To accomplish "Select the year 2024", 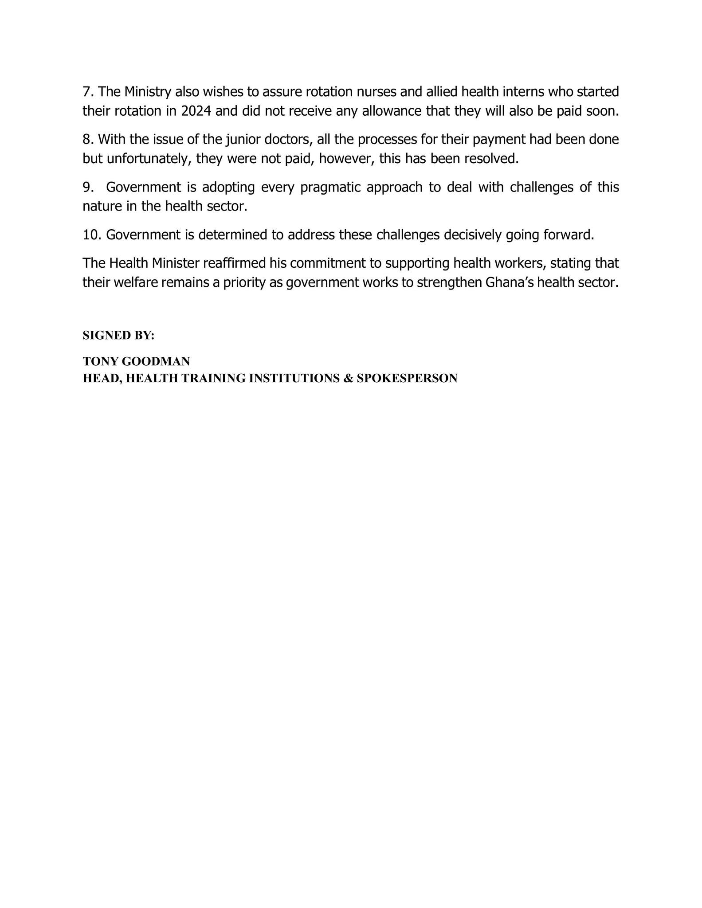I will click(196, 111).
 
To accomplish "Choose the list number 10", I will click(92, 235).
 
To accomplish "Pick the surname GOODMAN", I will click(156, 361).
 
